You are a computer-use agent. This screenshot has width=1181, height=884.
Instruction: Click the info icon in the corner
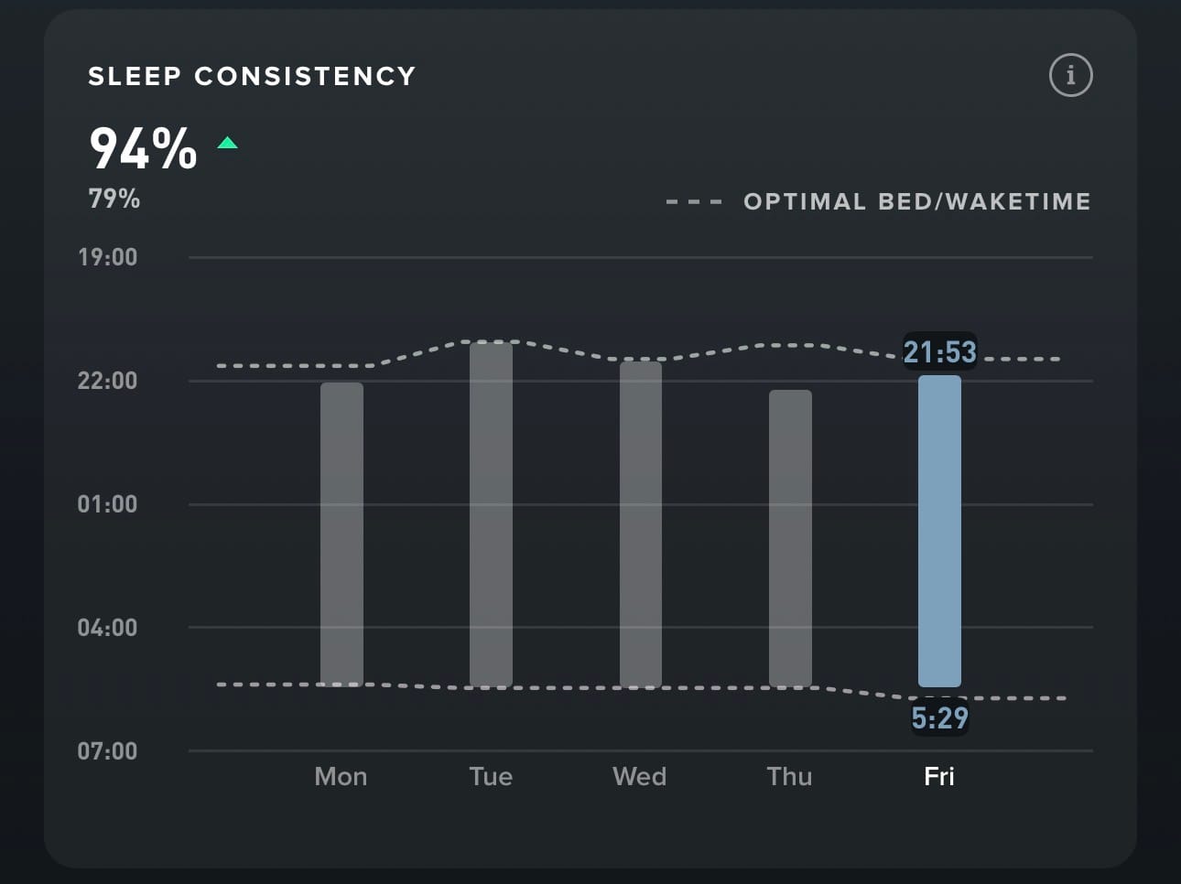[x=1070, y=75]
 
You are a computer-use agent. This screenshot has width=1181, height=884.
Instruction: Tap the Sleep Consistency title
[x=252, y=76]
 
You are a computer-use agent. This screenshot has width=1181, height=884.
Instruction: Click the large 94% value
[x=143, y=148]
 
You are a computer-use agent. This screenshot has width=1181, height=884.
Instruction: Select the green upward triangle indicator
[x=228, y=143]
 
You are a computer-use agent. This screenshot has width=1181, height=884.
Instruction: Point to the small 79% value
[x=114, y=199]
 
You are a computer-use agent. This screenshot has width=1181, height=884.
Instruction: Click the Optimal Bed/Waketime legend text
[x=916, y=201]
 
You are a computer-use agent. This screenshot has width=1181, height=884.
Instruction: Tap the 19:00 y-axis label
[x=107, y=257]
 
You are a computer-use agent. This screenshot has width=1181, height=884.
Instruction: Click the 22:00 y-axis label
[x=107, y=381]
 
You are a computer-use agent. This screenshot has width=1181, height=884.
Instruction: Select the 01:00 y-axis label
[x=107, y=504]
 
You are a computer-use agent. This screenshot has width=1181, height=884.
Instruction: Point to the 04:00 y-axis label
[x=107, y=628]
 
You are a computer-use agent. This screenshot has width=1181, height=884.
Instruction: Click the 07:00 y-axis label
[x=107, y=751]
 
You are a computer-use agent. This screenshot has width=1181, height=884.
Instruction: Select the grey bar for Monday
[x=341, y=534]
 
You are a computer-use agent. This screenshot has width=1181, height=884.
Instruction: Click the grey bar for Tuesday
[x=491, y=514]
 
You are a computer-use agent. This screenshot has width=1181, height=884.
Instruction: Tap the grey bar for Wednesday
[x=640, y=524]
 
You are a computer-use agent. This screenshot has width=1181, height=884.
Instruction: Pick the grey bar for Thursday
[x=790, y=538]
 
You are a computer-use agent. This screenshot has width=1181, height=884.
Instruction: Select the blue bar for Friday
[x=939, y=531]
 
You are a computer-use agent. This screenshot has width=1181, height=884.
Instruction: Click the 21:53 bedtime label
[x=939, y=351]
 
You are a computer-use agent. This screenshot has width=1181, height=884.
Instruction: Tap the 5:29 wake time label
[x=939, y=718]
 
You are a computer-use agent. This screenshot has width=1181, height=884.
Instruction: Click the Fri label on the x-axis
[x=939, y=777]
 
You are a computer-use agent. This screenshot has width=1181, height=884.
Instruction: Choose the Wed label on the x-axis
[x=640, y=777]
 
